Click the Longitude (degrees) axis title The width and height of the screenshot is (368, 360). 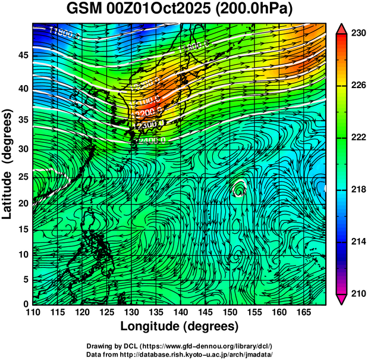[x=180, y=326]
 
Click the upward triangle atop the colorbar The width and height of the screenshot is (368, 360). [x=342, y=29]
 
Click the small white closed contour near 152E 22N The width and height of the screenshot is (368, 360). [x=240, y=190]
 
